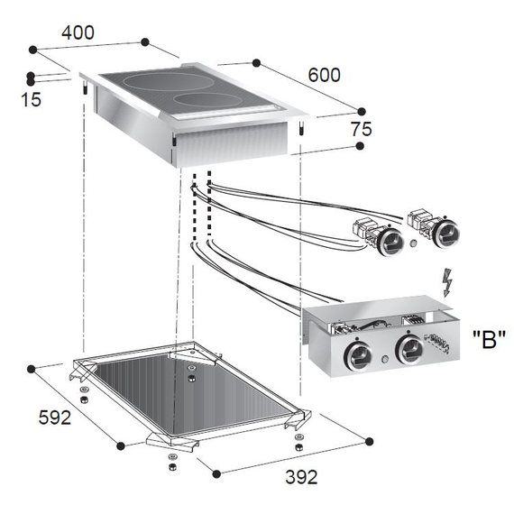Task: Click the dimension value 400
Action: pos(78,32)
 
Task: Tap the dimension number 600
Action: pos(325,75)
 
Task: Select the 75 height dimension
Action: pos(362,129)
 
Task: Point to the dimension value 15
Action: pos(32,99)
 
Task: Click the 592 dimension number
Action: pos(55,418)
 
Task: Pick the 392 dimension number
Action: pos(301,477)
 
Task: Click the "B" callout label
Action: pos(489,340)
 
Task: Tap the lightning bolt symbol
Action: pos(447,283)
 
